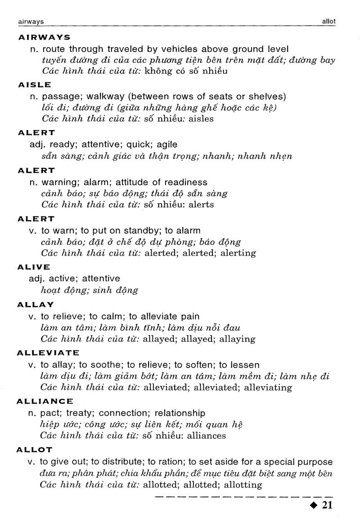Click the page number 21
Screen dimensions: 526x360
(x=327, y=505)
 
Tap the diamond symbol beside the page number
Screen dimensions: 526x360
(x=314, y=506)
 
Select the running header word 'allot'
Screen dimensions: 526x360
(x=328, y=21)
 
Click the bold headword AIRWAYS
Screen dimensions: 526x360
(x=44, y=37)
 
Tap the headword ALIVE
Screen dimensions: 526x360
(x=34, y=267)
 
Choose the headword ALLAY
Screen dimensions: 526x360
(x=36, y=305)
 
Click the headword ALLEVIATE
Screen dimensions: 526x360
(x=48, y=353)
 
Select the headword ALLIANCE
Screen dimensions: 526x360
(x=45, y=401)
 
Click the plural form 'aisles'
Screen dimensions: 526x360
(x=201, y=119)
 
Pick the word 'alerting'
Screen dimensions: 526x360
(x=238, y=253)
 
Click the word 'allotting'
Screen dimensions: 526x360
(x=243, y=485)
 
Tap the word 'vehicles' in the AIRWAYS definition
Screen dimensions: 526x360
(x=172, y=49)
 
